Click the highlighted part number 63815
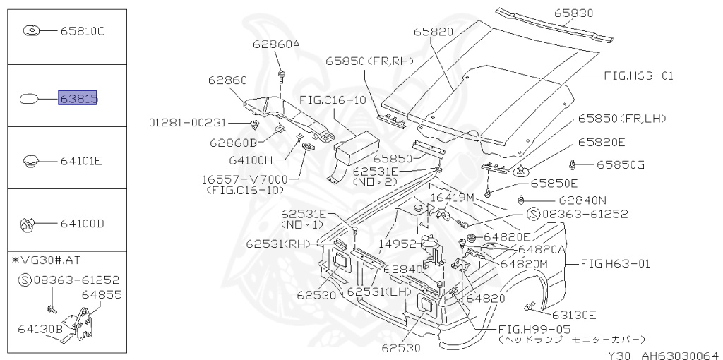click(78, 97)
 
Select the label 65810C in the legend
click(82, 30)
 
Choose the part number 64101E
click(81, 161)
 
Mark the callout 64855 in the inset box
click(102, 294)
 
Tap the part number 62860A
click(276, 44)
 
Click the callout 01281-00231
click(188, 122)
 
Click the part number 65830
click(573, 13)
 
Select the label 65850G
click(621, 165)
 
